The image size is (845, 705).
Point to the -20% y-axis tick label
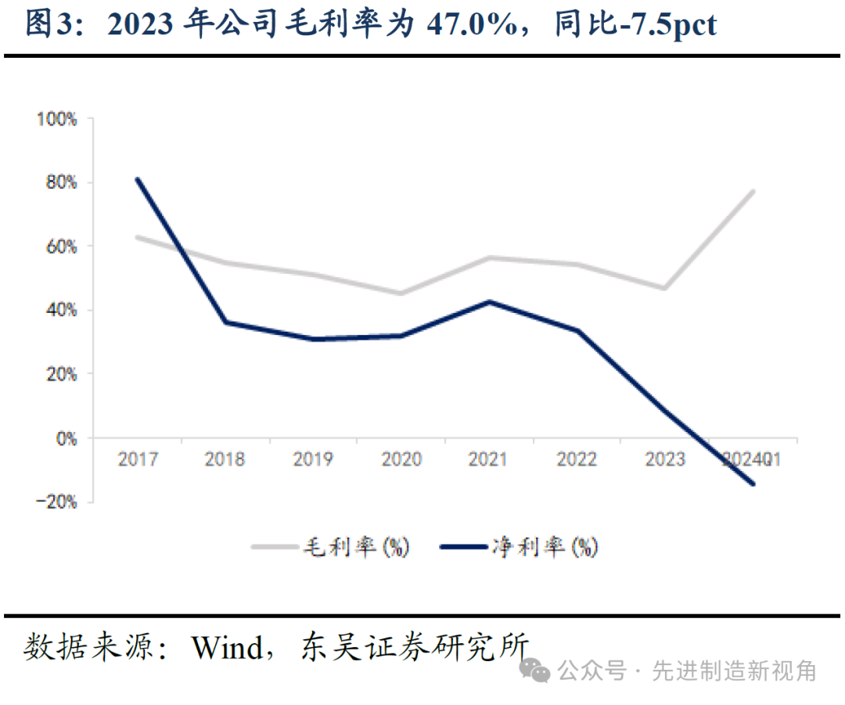pos(57,502)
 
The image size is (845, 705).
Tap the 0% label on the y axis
pos(67,439)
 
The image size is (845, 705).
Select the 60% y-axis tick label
pos(60,247)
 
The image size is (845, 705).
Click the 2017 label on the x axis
pos(138,459)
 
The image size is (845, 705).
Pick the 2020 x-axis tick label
pos(401,459)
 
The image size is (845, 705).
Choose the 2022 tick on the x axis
pos(577,459)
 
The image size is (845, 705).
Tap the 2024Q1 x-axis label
pos(751,459)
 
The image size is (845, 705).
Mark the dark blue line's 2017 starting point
pos(138,179)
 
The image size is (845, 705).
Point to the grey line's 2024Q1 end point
pos(753,191)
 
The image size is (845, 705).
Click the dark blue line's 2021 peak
pos(489,301)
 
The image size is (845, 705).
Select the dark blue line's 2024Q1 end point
pos(753,484)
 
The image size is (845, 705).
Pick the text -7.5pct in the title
pos(665,26)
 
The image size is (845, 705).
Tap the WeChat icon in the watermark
pos(537,670)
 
